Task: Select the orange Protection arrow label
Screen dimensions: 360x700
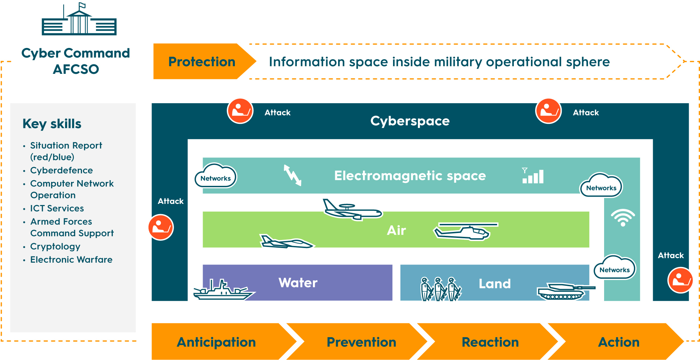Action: click(x=202, y=62)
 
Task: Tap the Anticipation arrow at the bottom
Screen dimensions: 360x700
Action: click(x=216, y=342)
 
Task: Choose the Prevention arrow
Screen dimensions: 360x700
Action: click(x=361, y=342)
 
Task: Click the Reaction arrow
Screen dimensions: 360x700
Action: click(x=490, y=342)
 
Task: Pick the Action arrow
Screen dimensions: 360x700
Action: click(x=619, y=342)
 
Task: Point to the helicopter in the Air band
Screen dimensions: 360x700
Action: click(x=464, y=232)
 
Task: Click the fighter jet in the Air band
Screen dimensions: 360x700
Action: click(x=285, y=241)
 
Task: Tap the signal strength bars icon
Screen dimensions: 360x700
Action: click(x=533, y=176)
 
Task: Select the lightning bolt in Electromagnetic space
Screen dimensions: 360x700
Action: click(x=292, y=175)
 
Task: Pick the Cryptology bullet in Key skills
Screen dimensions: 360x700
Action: click(x=55, y=246)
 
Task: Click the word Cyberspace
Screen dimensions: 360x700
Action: click(x=410, y=121)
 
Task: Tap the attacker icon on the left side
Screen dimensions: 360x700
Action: click(x=161, y=227)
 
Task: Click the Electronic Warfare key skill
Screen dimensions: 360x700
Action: click(x=71, y=260)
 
